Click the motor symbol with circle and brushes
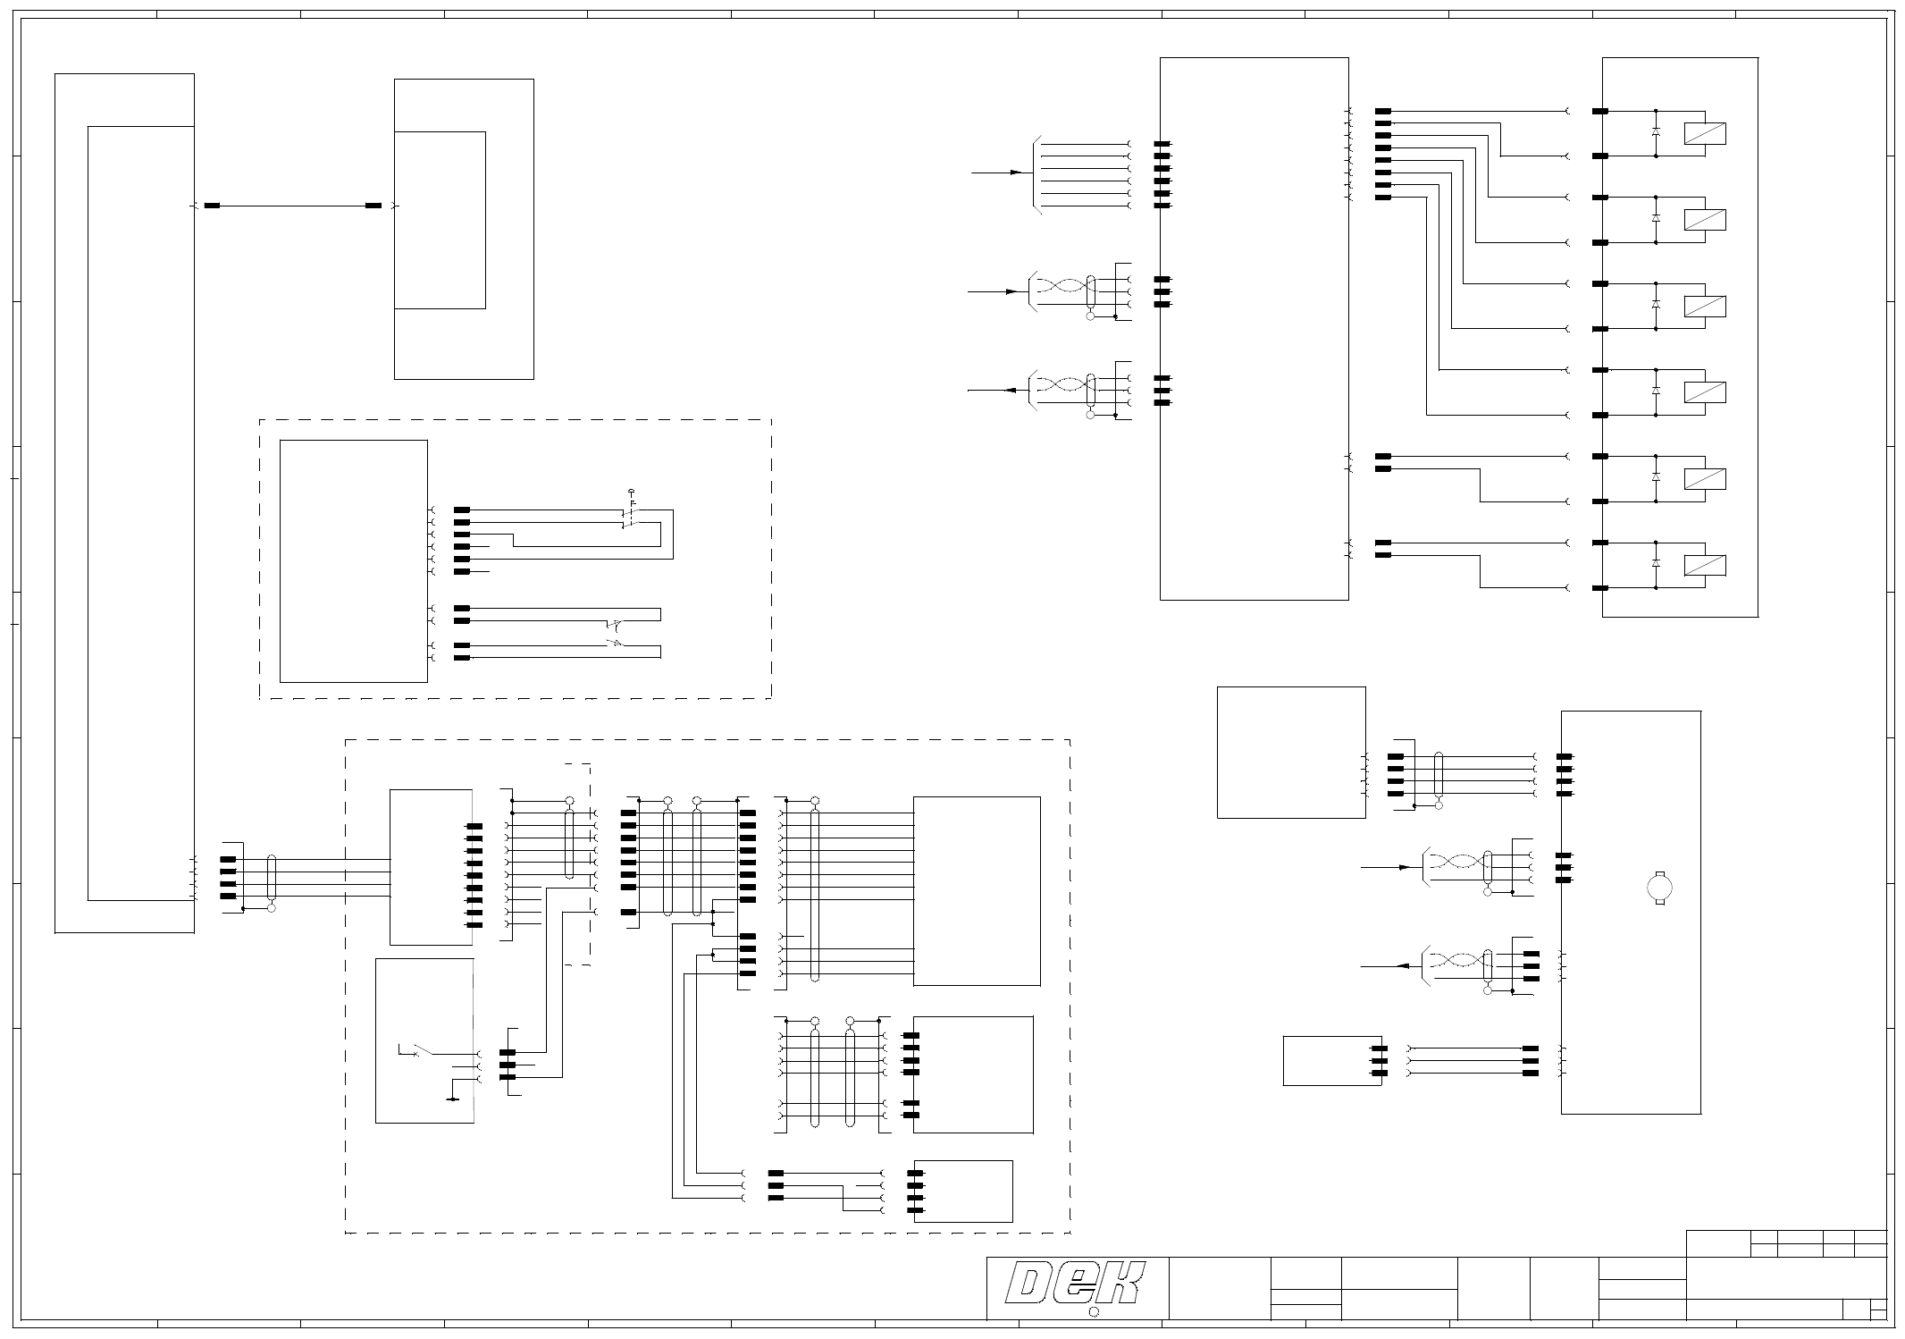1658,888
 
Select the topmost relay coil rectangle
1704,133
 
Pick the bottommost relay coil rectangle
1704,565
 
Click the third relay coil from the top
1704,306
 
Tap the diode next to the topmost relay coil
1656,131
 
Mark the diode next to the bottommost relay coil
1656,563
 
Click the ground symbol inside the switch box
453,1099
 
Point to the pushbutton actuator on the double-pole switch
632,493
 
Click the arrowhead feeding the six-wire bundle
1016,172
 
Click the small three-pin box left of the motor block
1331,1060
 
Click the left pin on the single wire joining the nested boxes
212,206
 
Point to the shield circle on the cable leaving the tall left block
272,907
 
